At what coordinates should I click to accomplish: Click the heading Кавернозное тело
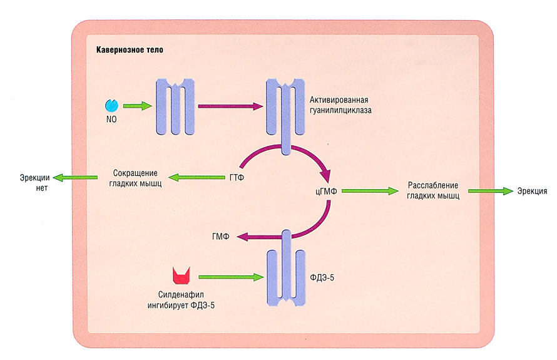[x=130, y=49]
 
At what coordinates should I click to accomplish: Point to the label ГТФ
[x=236, y=178]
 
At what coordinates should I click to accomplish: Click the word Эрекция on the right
[x=532, y=191]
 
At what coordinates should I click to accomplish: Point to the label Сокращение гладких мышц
[x=135, y=178]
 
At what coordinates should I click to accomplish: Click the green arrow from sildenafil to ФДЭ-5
[x=229, y=276]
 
